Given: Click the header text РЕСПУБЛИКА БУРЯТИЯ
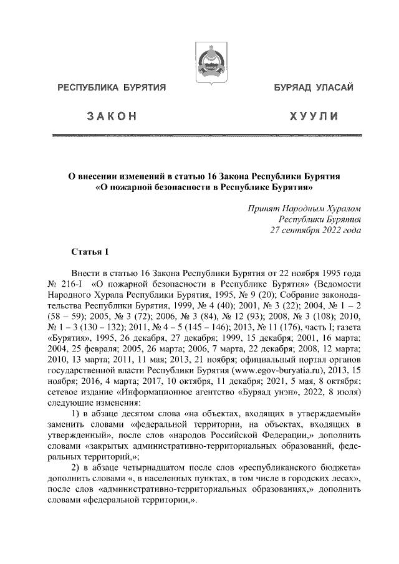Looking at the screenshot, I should (111, 88).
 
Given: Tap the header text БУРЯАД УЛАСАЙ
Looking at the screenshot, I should (314, 88).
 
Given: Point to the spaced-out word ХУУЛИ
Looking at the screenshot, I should (314, 117).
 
